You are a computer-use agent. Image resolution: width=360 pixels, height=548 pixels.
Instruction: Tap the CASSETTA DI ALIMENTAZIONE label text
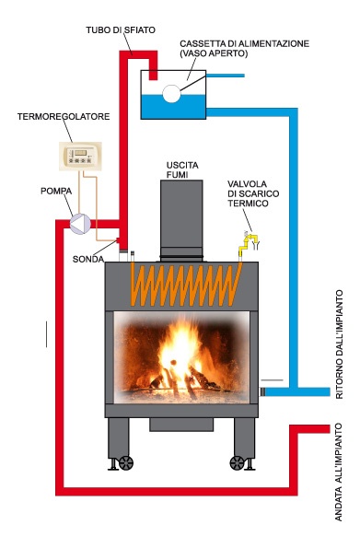pyautogui.click(x=257, y=43)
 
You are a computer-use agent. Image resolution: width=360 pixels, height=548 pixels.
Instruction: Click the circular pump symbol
pyautogui.click(x=81, y=222)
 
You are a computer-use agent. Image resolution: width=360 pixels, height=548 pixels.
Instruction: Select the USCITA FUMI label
pyautogui.click(x=179, y=169)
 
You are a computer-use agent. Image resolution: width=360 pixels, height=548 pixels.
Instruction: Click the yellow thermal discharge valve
pyautogui.click(x=246, y=242)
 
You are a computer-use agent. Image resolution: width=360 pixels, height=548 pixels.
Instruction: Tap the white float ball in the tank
pyautogui.click(x=171, y=93)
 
